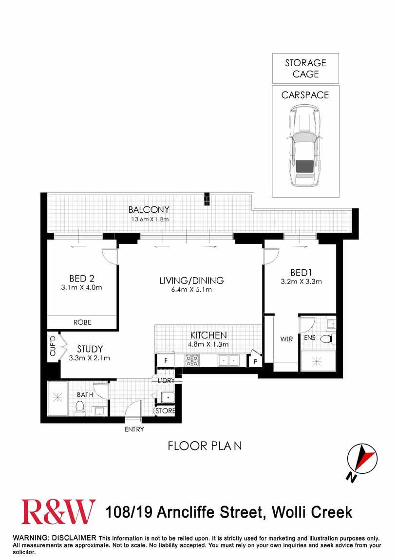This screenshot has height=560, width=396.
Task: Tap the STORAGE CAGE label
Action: pyautogui.click(x=305, y=69)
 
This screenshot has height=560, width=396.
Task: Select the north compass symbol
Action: pyautogui.click(x=362, y=460)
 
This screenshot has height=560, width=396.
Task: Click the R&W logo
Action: pyautogui.click(x=58, y=512)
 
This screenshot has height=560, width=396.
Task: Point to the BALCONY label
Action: pyautogui.click(x=149, y=210)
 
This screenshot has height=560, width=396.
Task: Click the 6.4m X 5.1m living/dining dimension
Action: pyautogui.click(x=191, y=290)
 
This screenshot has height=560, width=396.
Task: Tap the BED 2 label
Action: pyautogui.click(x=81, y=279)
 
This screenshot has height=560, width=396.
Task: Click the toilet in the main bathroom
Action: pyautogui.click(x=80, y=408)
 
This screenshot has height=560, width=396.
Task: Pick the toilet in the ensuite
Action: pyautogui.click(x=326, y=338)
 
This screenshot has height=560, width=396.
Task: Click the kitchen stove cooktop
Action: pyautogui.click(x=192, y=360)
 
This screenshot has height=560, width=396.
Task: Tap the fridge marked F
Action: pyautogui.click(x=166, y=361)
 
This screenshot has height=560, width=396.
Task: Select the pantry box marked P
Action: pyautogui.click(x=255, y=362)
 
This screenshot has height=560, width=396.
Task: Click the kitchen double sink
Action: pyautogui.click(x=227, y=361)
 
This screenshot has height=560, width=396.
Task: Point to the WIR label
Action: pyautogui.click(x=286, y=339)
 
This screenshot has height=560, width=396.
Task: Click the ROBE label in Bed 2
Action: pyautogui.click(x=82, y=322)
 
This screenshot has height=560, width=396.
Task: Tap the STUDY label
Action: pyautogui.click(x=90, y=349)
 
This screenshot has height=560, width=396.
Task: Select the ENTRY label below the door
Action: pyautogui.click(x=134, y=429)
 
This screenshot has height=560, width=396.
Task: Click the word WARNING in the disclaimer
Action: pyautogui.click(x=30, y=538)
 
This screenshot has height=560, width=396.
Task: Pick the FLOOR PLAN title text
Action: pyautogui.click(x=205, y=446)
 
